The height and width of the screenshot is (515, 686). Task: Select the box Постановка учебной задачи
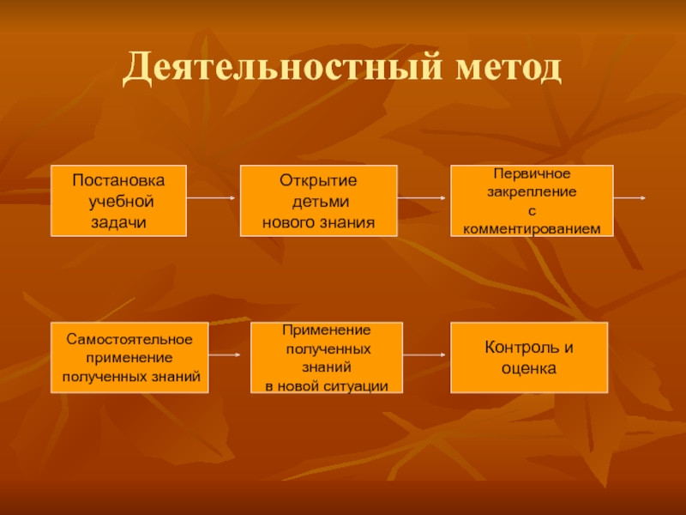coord(119,201)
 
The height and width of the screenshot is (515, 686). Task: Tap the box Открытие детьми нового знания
coord(318,201)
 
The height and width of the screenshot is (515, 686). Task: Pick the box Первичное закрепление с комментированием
coord(532,201)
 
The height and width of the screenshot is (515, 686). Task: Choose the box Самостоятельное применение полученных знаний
coord(130,358)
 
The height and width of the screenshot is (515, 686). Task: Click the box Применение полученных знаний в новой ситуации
coord(327,358)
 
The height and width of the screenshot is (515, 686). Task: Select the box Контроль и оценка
coord(529,358)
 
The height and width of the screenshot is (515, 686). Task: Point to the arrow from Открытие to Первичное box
coord(421,199)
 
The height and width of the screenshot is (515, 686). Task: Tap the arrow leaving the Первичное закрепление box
coord(630,198)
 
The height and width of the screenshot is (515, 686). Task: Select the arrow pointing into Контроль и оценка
coord(425,354)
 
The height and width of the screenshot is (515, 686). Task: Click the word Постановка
coord(117,183)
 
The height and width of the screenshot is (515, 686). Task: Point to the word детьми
coord(318,203)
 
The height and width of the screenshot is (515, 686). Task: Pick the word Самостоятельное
coord(130,340)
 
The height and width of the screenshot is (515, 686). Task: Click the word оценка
coord(529,368)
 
